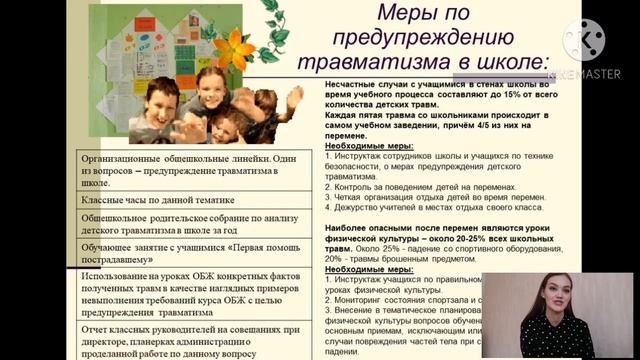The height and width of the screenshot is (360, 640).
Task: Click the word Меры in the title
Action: tap(409, 17)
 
